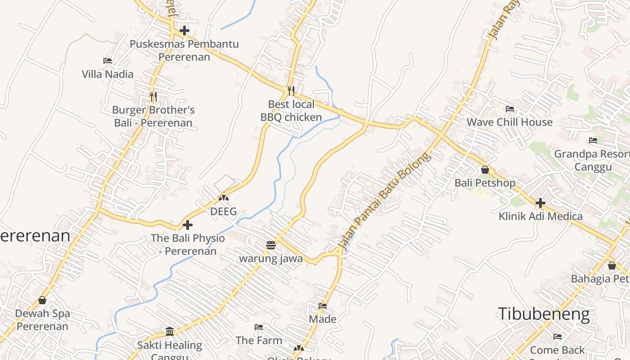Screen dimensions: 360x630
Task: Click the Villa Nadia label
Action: [x=108, y=74]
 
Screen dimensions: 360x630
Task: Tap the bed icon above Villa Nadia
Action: [x=108, y=61]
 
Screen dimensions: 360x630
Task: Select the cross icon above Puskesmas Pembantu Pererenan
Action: [x=184, y=31]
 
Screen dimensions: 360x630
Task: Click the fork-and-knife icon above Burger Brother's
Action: [x=153, y=96]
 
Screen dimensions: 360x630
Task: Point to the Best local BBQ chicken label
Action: [x=291, y=111]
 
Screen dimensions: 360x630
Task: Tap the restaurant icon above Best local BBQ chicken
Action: [x=291, y=91]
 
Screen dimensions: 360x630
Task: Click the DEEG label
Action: [x=224, y=211]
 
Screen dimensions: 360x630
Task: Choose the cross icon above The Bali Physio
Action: [x=188, y=225]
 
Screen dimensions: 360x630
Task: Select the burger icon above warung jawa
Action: [x=271, y=245]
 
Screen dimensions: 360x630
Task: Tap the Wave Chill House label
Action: [x=509, y=122]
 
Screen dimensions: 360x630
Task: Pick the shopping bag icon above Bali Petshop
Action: [x=485, y=170]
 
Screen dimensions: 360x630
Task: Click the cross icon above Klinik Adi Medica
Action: [x=540, y=203]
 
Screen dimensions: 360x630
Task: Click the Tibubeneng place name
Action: [x=544, y=314]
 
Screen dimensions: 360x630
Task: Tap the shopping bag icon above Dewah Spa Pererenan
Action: [x=42, y=300]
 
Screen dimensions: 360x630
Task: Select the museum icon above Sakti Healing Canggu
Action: [x=170, y=332]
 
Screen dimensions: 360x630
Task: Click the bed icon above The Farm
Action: [x=259, y=327]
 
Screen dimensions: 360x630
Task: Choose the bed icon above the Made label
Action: [x=323, y=306]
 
